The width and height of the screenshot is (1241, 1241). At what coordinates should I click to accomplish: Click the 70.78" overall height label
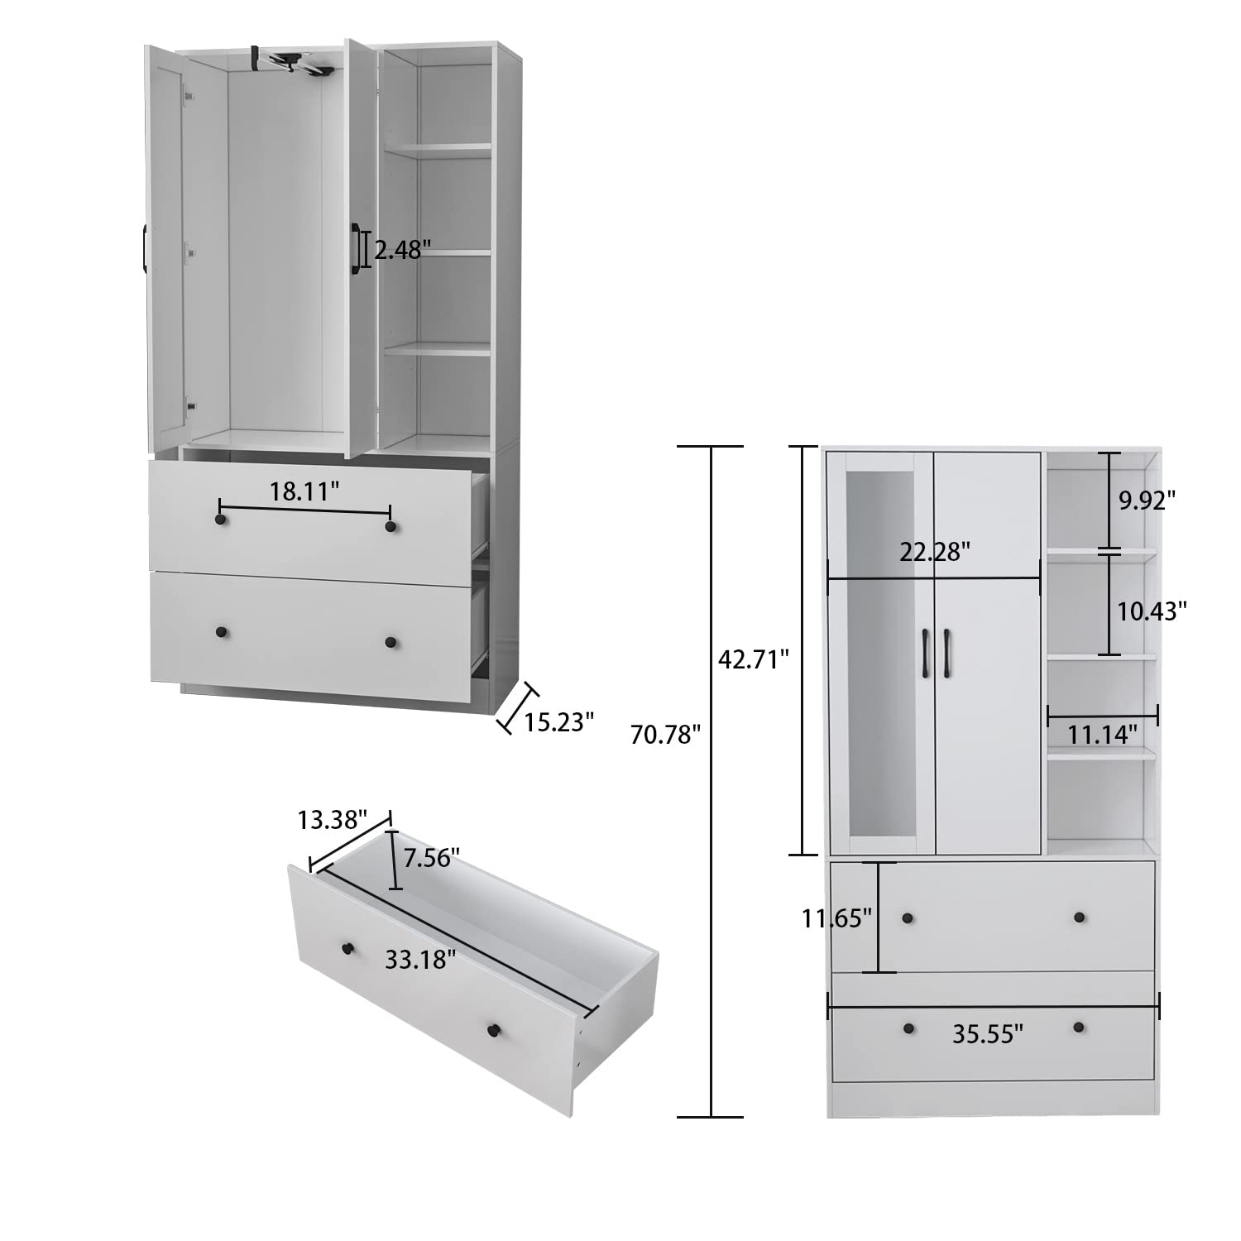click(x=665, y=734)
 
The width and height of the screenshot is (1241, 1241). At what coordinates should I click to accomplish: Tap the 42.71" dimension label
click(x=755, y=659)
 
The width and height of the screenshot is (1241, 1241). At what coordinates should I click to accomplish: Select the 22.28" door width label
click(x=935, y=552)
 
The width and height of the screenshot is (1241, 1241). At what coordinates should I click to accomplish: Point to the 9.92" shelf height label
click(x=1147, y=500)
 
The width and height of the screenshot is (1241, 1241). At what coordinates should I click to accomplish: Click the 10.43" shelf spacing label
click(x=1152, y=611)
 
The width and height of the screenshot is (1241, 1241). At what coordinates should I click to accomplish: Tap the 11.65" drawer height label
click(x=836, y=918)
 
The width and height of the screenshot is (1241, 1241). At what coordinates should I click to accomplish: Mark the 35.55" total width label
click(x=988, y=1033)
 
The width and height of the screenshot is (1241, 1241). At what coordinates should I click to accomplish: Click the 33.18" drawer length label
click(x=420, y=960)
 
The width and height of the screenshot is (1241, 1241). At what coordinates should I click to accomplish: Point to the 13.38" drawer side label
click(x=332, y=820)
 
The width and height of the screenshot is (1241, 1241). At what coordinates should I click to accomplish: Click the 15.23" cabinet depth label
click(x=559, y=722)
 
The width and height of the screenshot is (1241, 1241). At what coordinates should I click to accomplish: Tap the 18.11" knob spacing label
click(x=304, y=491)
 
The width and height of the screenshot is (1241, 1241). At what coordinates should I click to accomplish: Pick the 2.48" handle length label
click(x=403, y=249)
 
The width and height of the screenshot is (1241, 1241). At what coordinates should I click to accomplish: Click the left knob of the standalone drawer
click(x=347, y=947)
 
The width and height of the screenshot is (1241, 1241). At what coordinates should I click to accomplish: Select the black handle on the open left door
click(x=146, y=247)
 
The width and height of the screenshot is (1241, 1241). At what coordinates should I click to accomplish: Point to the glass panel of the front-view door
click(x=880, y=654)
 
